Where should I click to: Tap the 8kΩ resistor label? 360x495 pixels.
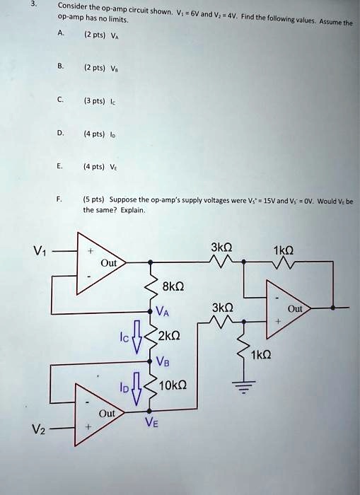pos(173,286)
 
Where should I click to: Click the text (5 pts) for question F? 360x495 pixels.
pos(96,200)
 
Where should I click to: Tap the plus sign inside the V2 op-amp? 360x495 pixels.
pos(88,427)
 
